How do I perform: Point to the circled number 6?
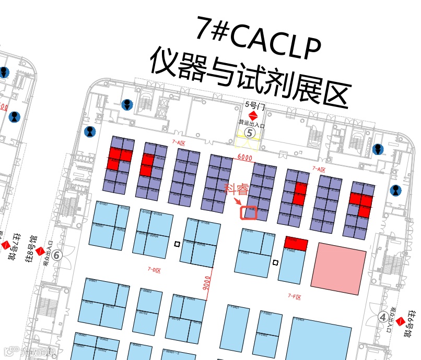pyautogui.click(x=57, y=255)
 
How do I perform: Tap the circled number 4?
pyautogui.click(x=383, y=316)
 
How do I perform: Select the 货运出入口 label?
pyautogui.click(x=253, y=124)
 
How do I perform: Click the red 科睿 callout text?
pyautogui.click(x=237, y=189)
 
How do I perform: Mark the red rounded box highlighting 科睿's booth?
pyautogui.click(x=249, y=212)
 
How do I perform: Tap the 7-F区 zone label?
pyautogui.click(x=295, y=296)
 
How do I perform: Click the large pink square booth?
pyautogui.click(x=338, y=265)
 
